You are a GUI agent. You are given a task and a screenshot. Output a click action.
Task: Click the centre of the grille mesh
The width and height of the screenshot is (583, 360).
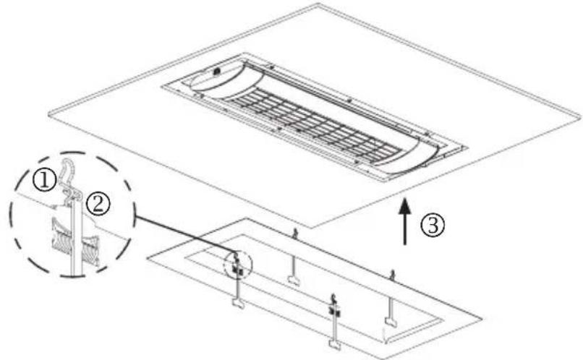[318, 120]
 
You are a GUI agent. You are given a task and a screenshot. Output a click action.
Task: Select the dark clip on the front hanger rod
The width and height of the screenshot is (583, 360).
[333, 311]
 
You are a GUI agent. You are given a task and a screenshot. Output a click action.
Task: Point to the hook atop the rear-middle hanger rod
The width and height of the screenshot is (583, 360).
[295, 233]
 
